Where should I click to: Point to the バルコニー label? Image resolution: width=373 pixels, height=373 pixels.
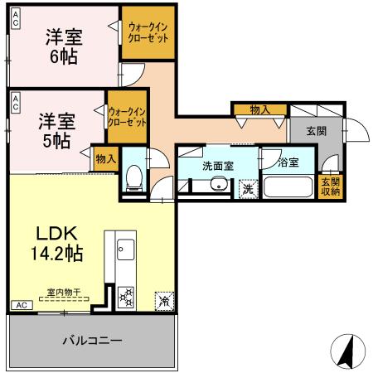coord(92,341)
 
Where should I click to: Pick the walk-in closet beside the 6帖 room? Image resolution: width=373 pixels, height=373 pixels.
coord(148,32)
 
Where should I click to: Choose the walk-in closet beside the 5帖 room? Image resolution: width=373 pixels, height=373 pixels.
coord(128,116)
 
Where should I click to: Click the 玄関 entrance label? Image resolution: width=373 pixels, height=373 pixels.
coord(316,131)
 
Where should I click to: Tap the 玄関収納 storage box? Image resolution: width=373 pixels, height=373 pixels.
coord(331,186)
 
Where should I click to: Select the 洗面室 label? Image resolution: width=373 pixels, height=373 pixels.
coord(218,165)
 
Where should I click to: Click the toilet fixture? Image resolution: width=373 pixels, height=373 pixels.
coord(133,179)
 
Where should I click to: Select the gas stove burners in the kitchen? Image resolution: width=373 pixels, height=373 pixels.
coord(126,295)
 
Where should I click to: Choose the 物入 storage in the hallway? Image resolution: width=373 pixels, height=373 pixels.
coord(259,109)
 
